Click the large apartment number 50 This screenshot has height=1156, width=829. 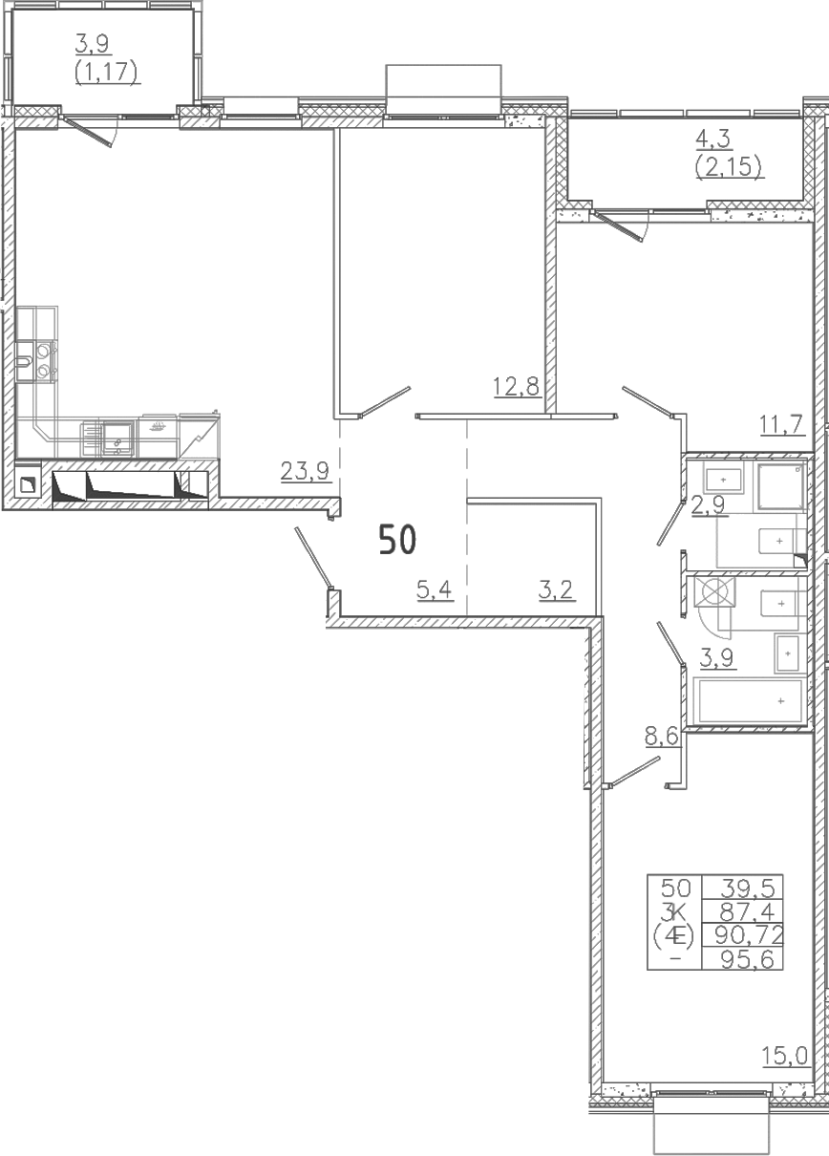(397, 540)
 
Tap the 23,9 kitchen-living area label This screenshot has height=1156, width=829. (305, 471)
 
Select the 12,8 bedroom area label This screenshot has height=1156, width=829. (517, 386)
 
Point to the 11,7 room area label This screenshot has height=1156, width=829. (781, 424)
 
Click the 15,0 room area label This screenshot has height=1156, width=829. (785, 1056)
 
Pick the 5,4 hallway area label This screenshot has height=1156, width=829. (435, 589)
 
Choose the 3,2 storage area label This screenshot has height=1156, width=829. (557, 589)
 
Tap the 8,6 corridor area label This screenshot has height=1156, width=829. (663, 737)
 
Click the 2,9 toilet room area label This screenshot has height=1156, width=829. (709, 505)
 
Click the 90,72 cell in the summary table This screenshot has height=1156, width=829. (744, 934)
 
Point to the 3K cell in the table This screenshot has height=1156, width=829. (675, 911)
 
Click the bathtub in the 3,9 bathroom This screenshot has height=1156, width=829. (751, 700)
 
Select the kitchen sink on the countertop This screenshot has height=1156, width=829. (118, 439)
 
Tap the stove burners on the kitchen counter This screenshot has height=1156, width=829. (44, 360)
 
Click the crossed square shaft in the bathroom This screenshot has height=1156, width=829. (714, 591)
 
